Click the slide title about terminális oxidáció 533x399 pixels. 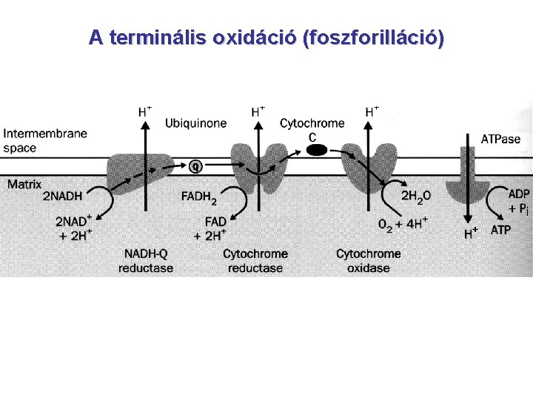click(x=266, y=38)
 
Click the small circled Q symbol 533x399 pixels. click(x=195, y=166)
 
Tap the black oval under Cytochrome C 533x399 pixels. click(x=317, y=150)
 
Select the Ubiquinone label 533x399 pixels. click(x=195, y=123)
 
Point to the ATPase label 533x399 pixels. click(x=500, y=139)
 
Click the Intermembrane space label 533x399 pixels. click(x=44, y=140)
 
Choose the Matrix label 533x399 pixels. click(x=24, y=185)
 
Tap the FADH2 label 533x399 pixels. click(x=199, y=197)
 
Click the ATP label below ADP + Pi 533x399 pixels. click(x=501, y=230)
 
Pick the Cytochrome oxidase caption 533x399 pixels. click(x=368, y=260)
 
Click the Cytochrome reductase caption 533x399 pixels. click(x=255, y=260)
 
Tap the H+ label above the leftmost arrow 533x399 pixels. click(x=145, y=112)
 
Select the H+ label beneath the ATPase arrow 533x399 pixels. click(x=471, y=233)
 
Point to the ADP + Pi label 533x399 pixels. click(x=517, y=201)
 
